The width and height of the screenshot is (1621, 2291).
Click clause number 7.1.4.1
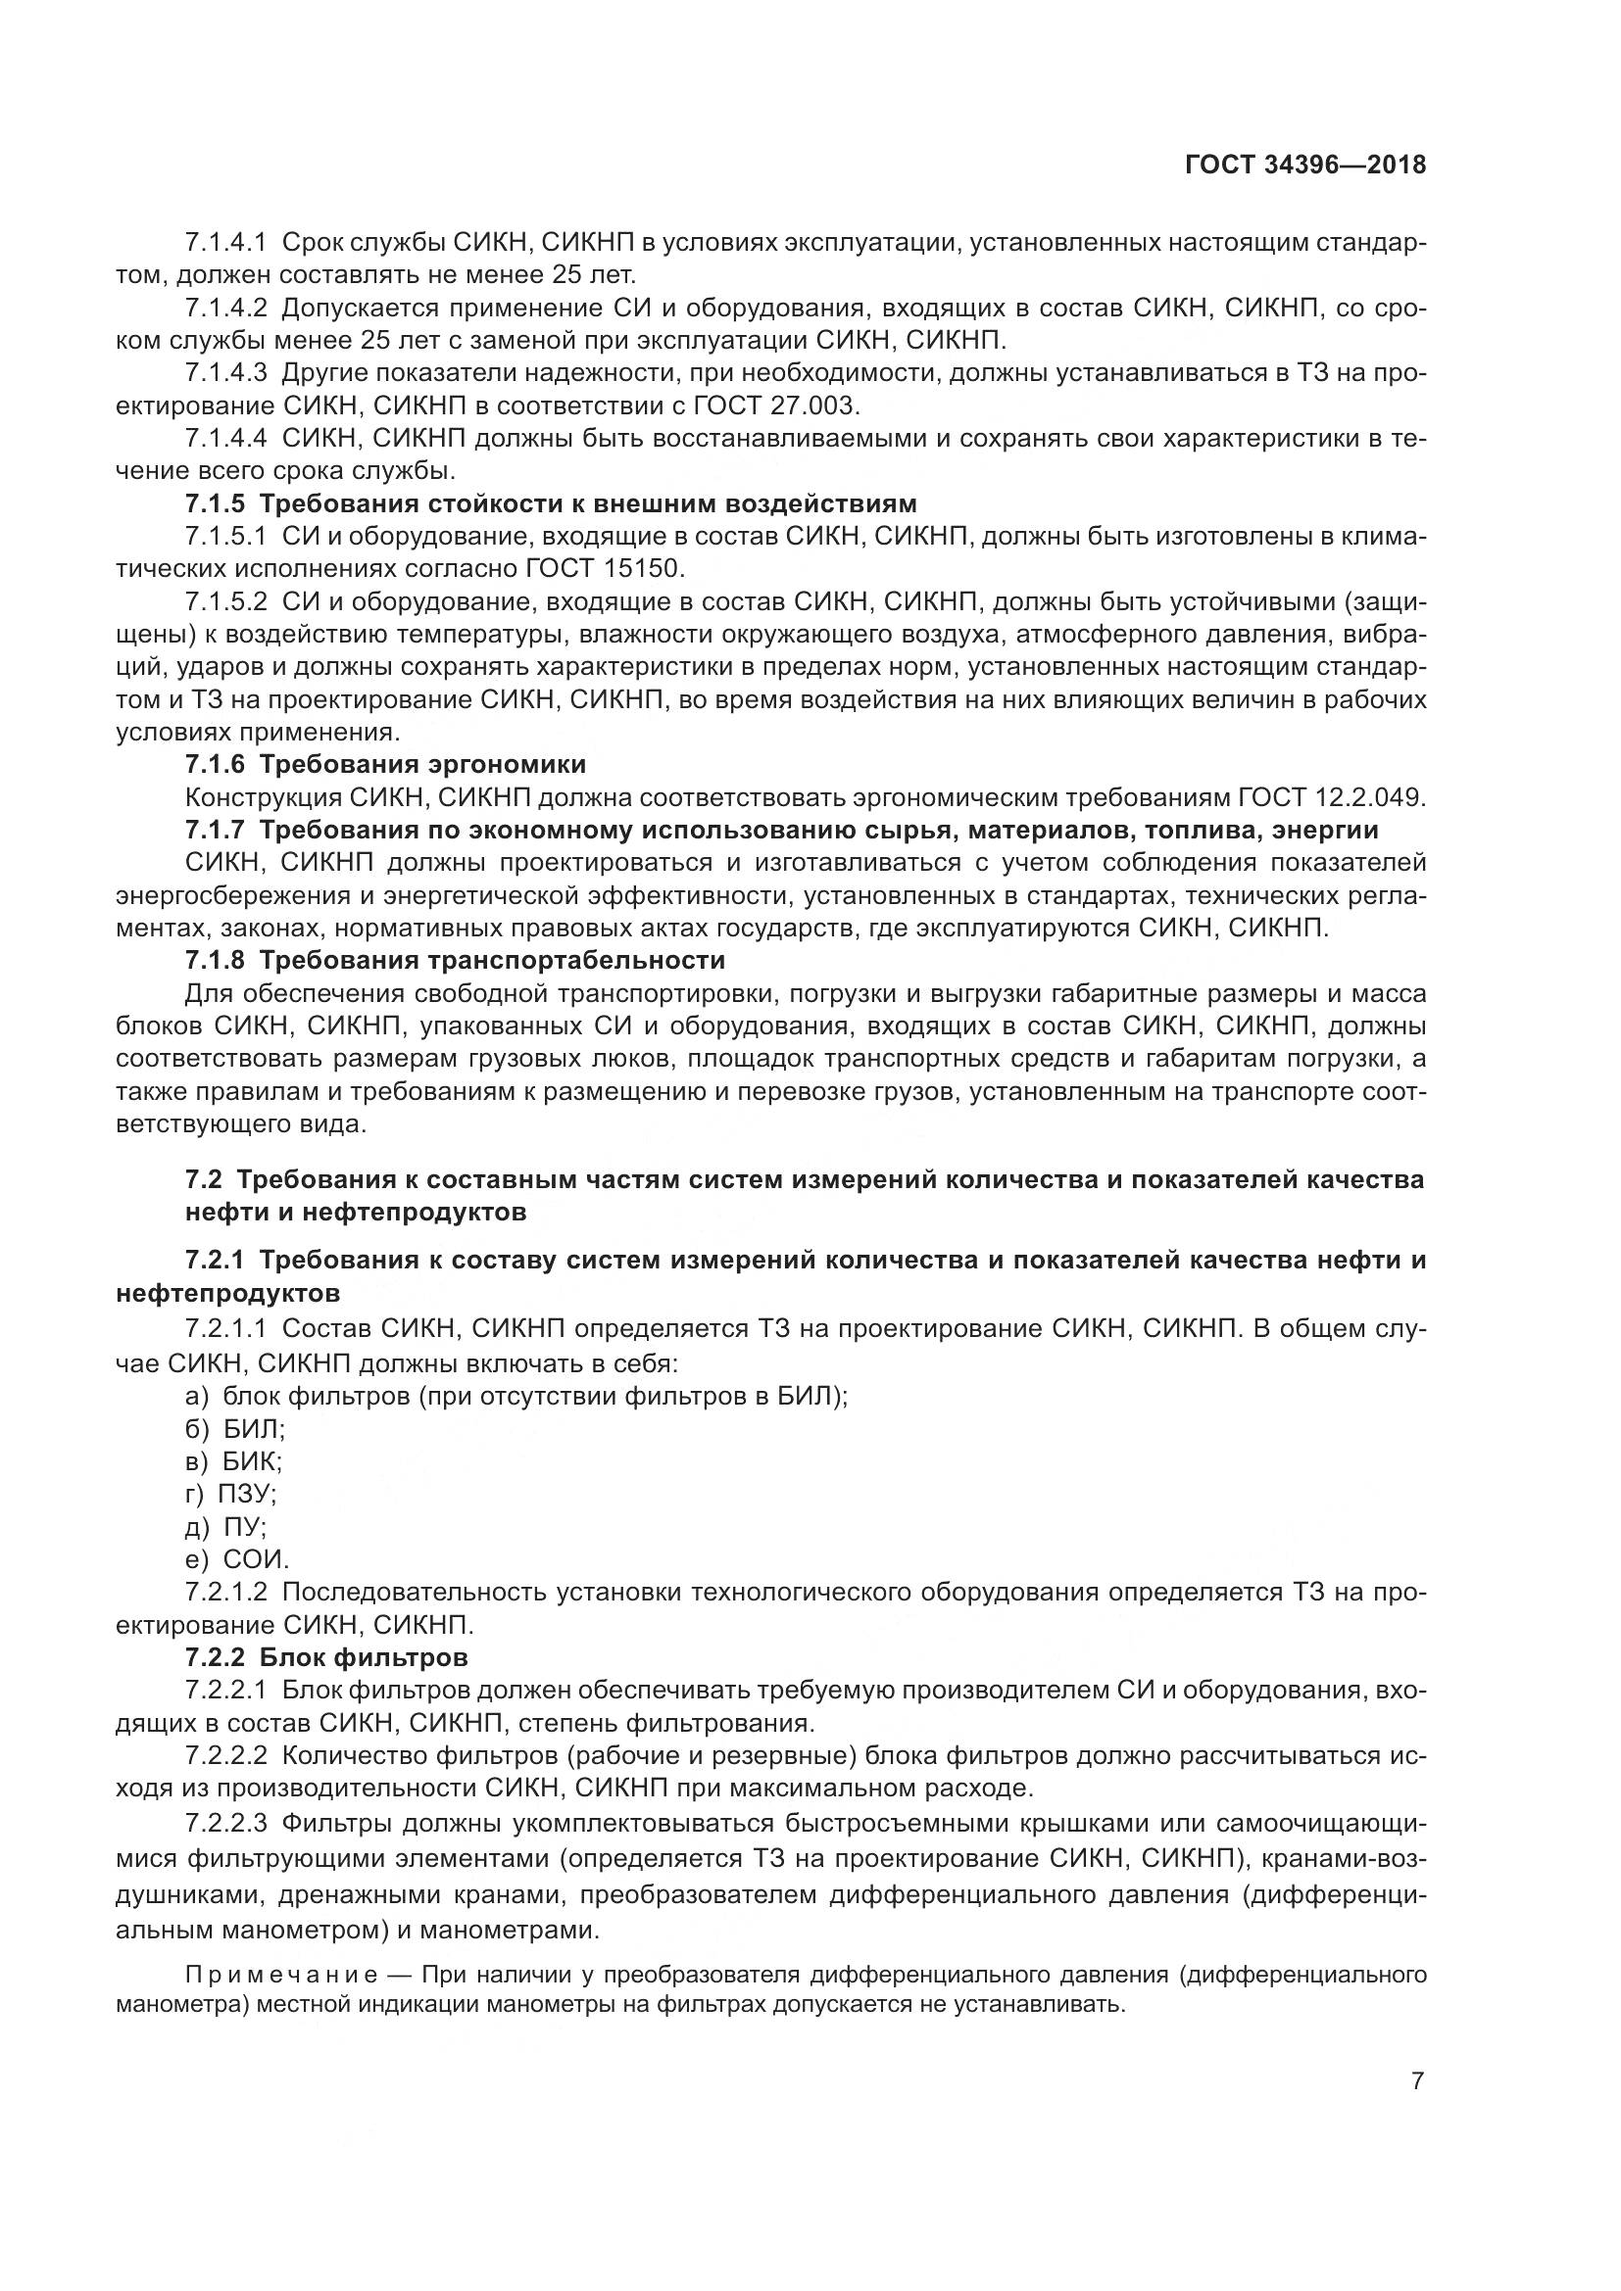225,242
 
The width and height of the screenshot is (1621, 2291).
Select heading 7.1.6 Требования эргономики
385,764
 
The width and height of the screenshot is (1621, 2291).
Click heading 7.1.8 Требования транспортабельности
454,960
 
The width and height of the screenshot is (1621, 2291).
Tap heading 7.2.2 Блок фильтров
326,1658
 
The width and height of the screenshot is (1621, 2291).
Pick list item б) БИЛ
234,1429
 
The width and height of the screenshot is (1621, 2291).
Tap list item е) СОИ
236,1559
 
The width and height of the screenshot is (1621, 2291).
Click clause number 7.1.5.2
225,601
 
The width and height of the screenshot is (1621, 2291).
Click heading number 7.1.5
214,502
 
